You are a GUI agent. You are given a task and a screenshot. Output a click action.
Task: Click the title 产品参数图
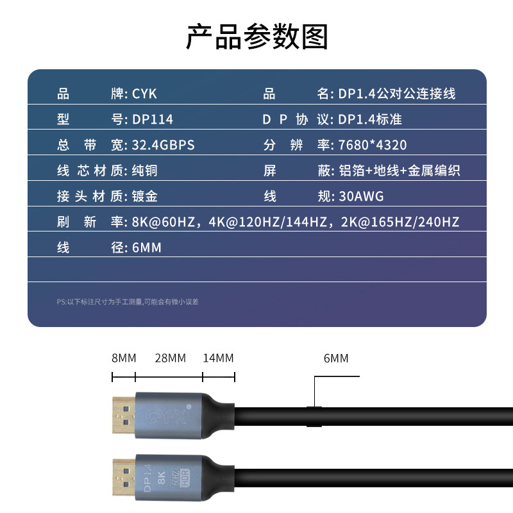(257, 37)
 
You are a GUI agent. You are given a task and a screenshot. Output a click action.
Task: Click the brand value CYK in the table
(144, 94)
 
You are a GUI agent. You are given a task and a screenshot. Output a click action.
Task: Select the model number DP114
(153, 119)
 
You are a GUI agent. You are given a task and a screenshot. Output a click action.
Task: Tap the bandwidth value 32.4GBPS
(164, 145)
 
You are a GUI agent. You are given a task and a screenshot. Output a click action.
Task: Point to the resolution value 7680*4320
(373, 145)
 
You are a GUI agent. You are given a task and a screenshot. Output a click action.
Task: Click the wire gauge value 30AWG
(361, 196)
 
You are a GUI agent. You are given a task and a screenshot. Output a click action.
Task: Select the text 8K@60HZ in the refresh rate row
(164, 222)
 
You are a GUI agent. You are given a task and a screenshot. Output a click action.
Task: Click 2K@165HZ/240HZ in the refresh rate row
(400, 222)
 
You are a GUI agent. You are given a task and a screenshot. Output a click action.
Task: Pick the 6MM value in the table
(147, 248)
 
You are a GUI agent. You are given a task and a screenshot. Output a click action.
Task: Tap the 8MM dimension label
(124, 358)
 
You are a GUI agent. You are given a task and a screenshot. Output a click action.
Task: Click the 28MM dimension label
(171, 358)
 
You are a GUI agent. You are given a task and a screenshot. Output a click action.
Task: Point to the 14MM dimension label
(218, 358)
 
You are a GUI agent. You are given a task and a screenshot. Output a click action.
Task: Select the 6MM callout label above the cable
(336, 358)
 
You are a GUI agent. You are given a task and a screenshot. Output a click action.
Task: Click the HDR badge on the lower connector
(185, 478)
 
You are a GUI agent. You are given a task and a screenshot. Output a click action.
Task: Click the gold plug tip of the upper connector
(123, 415)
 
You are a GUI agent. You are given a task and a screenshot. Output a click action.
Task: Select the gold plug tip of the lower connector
(124, 477)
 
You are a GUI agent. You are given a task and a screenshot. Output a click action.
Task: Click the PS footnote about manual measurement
(128, 301)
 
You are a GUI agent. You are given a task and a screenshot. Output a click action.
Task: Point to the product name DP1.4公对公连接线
(396, 94)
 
